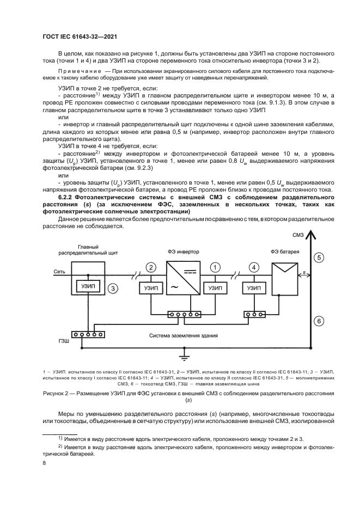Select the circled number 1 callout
[x=216, y=267]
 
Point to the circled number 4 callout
[x=253, y=267]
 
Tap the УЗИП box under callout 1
[x=216, y=288]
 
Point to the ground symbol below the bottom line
[x=184, y=357]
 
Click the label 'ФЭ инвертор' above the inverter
[x=183, y=252]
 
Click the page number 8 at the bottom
[x=44, y=463]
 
